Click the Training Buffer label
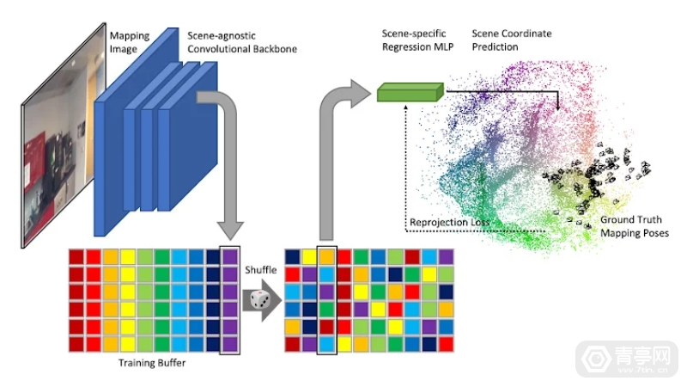click(x=151, y=364)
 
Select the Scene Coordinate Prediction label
click(x=512, y=40)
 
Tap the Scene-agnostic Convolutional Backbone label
click(x=243, y=42)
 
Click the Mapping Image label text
click(x=130, y=42)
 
